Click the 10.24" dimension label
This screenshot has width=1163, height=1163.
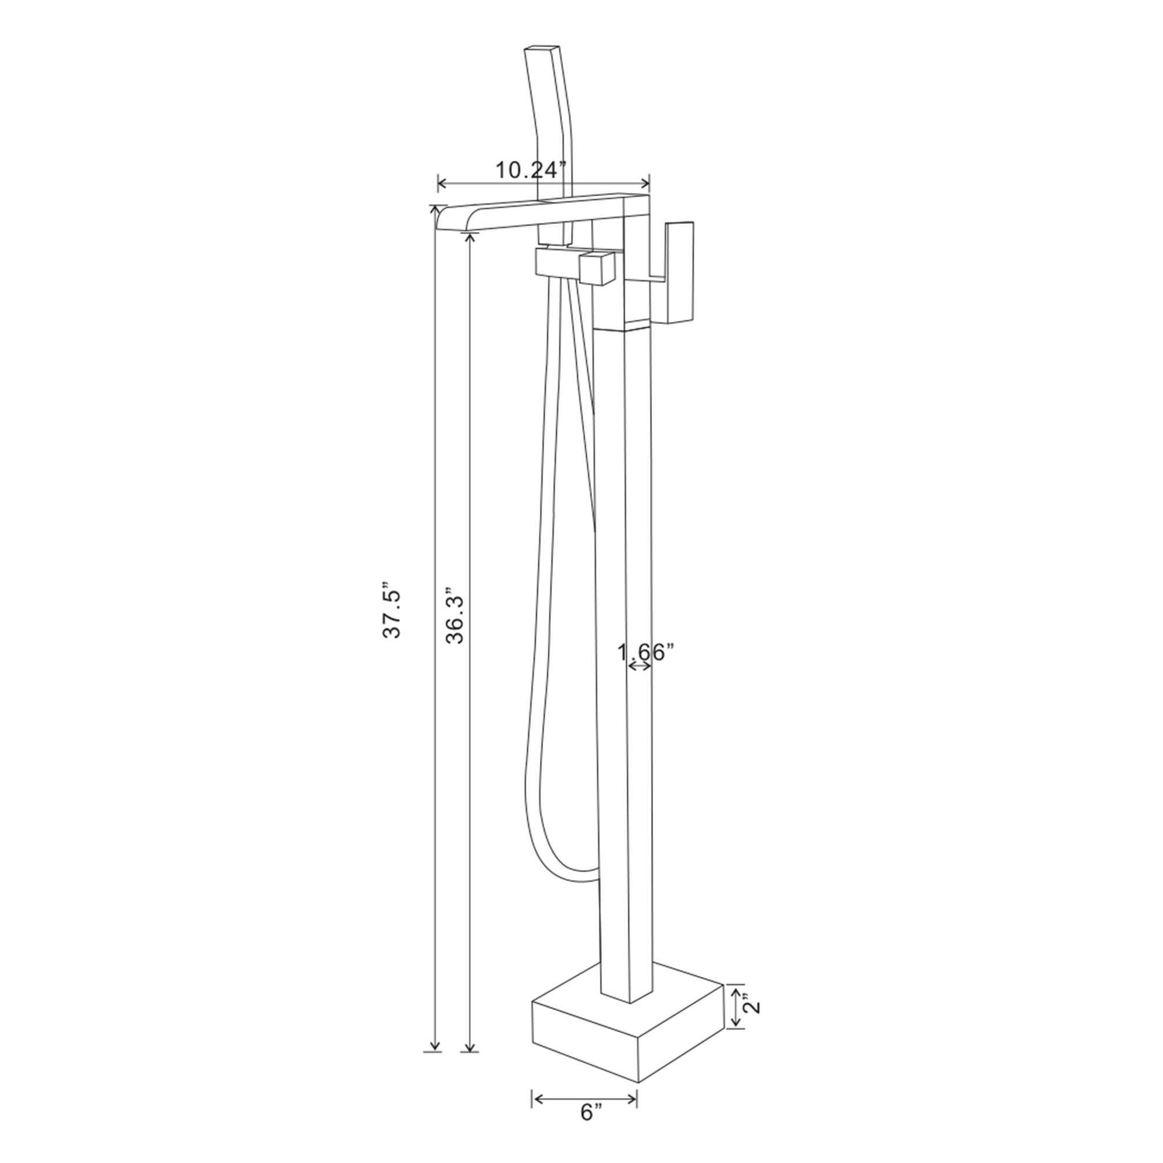point(531,170)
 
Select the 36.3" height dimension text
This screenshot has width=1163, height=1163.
point(456,616)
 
